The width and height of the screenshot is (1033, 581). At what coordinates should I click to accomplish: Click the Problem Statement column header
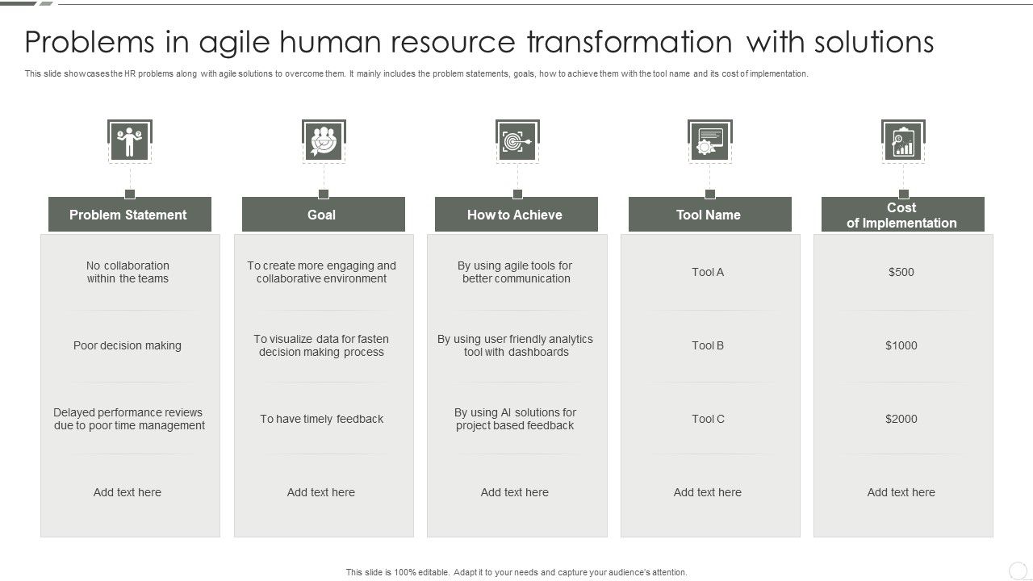click(x=129, y=215)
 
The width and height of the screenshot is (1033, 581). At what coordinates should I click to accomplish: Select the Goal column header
click(x=323, y=215)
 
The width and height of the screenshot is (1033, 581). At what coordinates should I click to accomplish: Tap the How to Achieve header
click(x=516, y=215)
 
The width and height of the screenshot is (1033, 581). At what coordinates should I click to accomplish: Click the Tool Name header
click(x=709, y=215)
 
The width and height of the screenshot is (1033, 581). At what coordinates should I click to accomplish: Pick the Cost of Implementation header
click(x=902, y=215)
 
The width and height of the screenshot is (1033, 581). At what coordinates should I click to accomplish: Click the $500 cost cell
click(x=901, y=272)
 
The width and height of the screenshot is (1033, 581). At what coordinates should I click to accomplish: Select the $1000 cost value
click(x=901, y=345)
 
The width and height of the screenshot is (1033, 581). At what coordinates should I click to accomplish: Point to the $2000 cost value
click(x=901, y=419)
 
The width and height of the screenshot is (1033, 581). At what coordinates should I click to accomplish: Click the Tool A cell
click(x=708, y=272)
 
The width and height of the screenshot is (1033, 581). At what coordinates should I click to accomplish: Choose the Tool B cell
click(x=708, y=345)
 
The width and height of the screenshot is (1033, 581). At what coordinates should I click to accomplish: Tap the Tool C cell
click(x=708, y=419)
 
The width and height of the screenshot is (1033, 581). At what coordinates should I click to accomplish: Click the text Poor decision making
click(x=128, y=345)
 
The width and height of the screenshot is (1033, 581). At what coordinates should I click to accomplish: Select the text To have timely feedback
click(x=321, y=419)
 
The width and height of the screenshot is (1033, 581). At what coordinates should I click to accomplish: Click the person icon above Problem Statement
click(x=129, y=142)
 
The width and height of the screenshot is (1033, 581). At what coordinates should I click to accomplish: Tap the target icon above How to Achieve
click(x=516, y=142)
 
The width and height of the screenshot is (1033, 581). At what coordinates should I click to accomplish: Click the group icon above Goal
click(x=324, y=142)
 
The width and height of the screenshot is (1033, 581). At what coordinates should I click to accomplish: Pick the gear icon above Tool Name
click(x=709, y=142)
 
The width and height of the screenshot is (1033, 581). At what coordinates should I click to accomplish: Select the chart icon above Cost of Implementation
click(x=903, y=142)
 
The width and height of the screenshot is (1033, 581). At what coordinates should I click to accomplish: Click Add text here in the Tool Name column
click(x=708, y=492)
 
